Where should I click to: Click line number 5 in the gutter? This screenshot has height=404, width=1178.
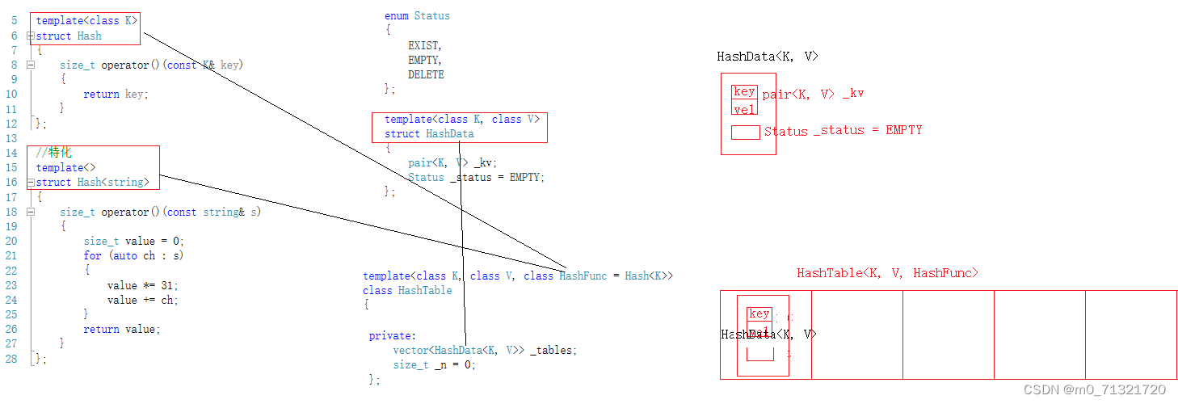pyautogui.click(x=14, y=20)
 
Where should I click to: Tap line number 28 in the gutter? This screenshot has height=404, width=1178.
pyautogui.click(x=11, y=359)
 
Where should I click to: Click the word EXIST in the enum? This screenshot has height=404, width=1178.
pyautogui.click(x=425, y=46)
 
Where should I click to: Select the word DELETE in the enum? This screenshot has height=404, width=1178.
pyautogui.click(x=426, y=75)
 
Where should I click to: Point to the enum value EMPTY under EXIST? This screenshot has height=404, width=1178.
pyautogui.click(x=425, y=61)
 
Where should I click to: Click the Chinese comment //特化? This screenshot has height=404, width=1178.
pyautogui.click(x=54, y=153)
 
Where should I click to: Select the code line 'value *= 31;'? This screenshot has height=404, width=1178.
pyautogui.click(x=142, y=285)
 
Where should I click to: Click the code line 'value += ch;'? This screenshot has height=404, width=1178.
pyautogui.click(x=142, y=300)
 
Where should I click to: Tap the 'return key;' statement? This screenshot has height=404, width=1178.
pyautogui.click(x=116, y=94)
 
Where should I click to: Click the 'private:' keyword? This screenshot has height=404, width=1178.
pyautogui.click(x=393, y=335)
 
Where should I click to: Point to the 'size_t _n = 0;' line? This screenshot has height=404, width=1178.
pyautogui.click(x=434, y=364)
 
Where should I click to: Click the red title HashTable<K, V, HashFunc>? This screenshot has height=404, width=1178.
pyautogui.click(x=887, y=273)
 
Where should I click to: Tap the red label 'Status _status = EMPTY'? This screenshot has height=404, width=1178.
pyautogui.click(x=843, y=130)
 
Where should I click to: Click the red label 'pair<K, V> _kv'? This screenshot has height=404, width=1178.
pyautogui.click(x=813, y=94)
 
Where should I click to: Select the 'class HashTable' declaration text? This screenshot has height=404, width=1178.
pyautogui.click(x=407, y=290)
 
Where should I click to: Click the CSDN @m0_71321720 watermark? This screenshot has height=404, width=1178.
pyautogui.click(x=1095, y=389)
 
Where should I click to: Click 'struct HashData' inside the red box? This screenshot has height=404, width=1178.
pyautogui.click(x=429, y=133)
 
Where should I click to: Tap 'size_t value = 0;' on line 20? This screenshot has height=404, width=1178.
pyautogui.click(x=133, y=241)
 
